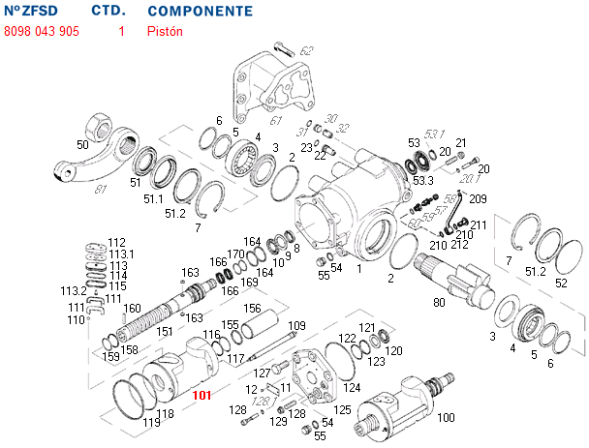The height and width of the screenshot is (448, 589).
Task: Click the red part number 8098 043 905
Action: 42,31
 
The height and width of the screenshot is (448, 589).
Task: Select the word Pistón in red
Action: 165,31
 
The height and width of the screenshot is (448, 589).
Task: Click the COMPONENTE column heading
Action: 201,12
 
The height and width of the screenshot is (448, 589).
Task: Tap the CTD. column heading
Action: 108,12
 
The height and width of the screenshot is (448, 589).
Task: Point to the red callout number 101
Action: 202,395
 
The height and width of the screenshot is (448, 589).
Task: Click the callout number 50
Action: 82,144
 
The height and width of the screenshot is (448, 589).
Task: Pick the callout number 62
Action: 306,50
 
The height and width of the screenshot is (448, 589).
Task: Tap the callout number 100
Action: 446,417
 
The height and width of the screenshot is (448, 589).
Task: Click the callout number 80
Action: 439,303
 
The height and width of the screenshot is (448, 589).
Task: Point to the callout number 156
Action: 252,309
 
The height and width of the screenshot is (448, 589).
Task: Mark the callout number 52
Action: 561,283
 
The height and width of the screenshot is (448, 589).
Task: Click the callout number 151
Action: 165,331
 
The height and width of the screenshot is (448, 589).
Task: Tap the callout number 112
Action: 116,242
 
